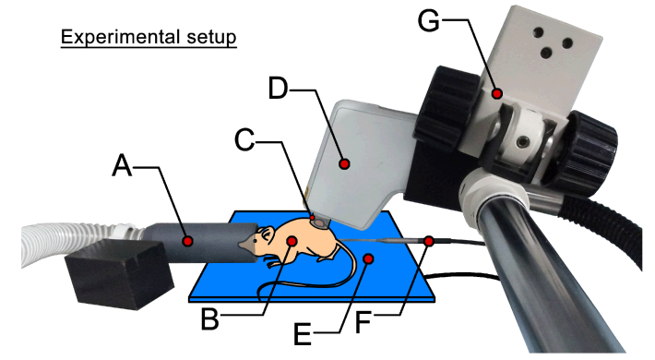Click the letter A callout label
click(x=122, y=165)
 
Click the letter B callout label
click(x=209, y=319)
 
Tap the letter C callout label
click(x=244, y=140)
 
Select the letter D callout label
click(x=279, y=88)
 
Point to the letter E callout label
click(x=303, y=334)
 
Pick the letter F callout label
click(x=363, y=322)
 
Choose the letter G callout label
click(x=429, y=20)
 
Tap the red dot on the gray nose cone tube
click(x=188, y=241)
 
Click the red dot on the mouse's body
click(x=292, y=240)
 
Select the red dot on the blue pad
click(x=368, y=259)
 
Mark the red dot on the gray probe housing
click(x=344, y=163)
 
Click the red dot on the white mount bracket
click(x=496, y=93)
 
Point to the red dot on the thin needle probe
click(x=429, y=241)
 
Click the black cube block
click(x=119, y=275)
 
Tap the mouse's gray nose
click(x=246, y=244)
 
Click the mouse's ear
click(x=266, y=233)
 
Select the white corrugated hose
click(x=80, y=243)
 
